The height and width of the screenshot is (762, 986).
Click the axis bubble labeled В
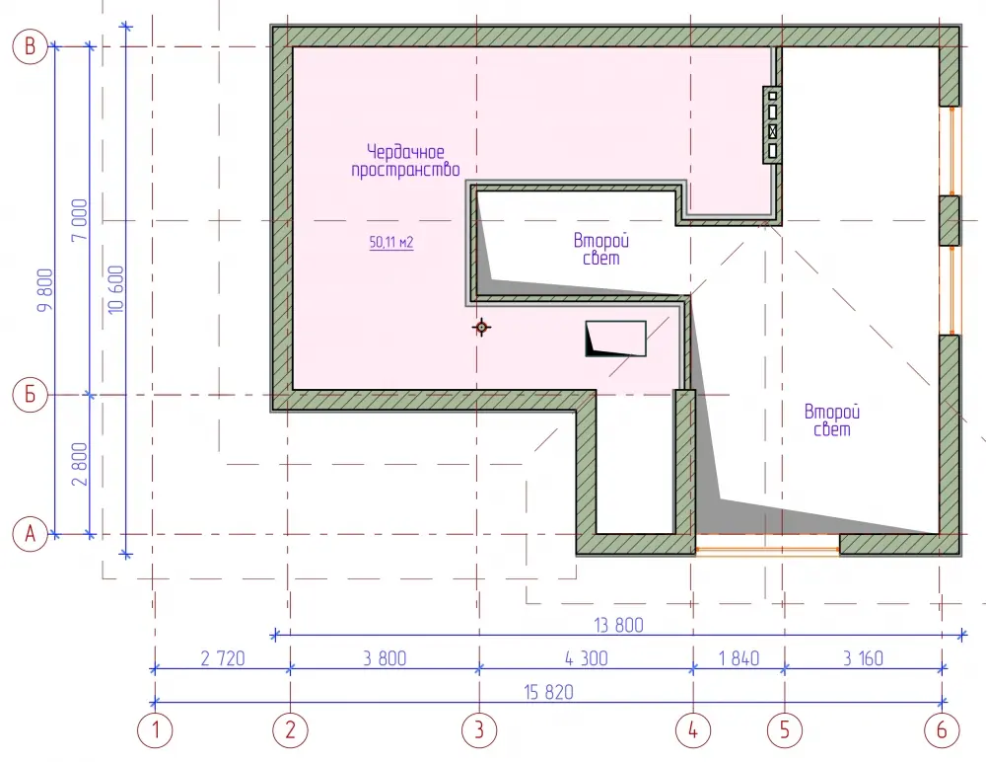pos(31,46)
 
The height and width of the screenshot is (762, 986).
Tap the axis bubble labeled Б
pos(31,394)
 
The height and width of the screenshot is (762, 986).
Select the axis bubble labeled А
pos(31,534)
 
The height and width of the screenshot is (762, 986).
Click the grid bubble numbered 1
pos(155,729)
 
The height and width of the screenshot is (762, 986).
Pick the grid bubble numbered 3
pos(479,729)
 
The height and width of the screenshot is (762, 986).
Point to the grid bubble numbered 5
pos(784,729)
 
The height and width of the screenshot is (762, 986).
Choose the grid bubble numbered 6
pos(942,729)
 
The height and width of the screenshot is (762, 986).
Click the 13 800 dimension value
pos(619,625)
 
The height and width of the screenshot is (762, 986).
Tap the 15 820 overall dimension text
pos(549,692)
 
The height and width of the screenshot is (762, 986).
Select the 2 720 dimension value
pos(223,658)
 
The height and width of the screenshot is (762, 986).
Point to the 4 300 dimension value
pos(586,658)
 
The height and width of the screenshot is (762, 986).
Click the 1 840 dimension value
pos(739,658)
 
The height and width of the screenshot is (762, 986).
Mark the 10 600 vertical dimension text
pos(116,289)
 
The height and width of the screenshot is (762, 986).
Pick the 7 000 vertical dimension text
pos(80,220)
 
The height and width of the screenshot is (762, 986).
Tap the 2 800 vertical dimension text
pos(80,464)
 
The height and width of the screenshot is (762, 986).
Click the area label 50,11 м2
pos(391,243)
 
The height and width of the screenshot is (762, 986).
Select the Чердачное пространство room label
pos(405,161)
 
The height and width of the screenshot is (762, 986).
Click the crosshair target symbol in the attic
pos(482,328)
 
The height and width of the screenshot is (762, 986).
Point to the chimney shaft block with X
pos(772,125)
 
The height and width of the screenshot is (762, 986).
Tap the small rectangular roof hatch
pos(615,339)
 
